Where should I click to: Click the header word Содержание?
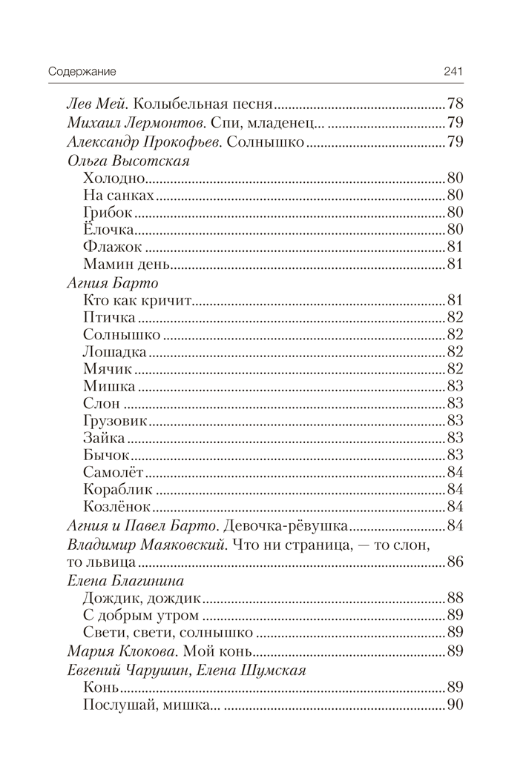click(x=84, y=72)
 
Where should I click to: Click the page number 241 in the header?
click(x=453, y=72)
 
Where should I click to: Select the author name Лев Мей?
click(x=88, y=104)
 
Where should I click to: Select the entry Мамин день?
click(x=128, y=265)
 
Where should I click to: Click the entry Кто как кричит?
click(x=139, y=301)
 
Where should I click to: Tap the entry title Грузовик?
click(x=116, y=421)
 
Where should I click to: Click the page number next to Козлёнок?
click(x=455, y=507)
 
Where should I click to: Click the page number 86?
click(x=455, y=562)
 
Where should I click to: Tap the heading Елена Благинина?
click(x=125, y=580)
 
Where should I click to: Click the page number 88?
click(x=455, y=597)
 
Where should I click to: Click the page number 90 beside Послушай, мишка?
click(x=455, y=704)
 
